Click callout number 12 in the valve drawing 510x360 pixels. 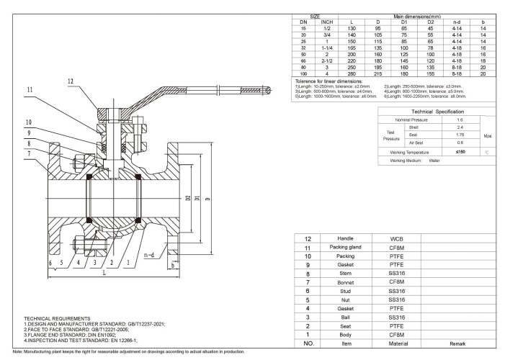70,81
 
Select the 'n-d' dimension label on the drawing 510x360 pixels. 149,255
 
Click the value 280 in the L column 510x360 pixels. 352,73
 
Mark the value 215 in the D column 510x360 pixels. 377,73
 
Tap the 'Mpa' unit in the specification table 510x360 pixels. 487,134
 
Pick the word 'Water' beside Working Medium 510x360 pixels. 435,161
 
